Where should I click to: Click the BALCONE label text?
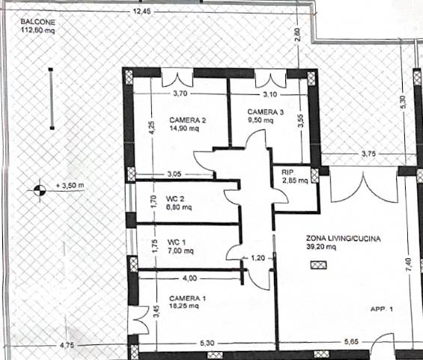pyautogui.click(x=38, y=22)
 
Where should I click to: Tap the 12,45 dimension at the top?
pyautogui.click(x=142, y=11)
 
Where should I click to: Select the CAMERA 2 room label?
pyautogui.click(x=187, y=120)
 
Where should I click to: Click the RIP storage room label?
pyautogui.click(x=287, y=172)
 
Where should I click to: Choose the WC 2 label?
pyautogui.click(x=175, y=199)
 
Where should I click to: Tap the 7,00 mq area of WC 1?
pyautogui.click(x=180, y=251)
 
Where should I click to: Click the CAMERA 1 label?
pyautogui.click(x=187, y=298)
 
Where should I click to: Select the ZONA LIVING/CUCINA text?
pyautogui.click(x=343, y=239)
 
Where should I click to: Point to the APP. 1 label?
pyautogui.click(x=382, y=309)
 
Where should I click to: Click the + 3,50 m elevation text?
pyautogui.click(x=70, y=186)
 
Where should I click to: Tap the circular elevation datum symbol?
pyautogui.click(x=40, y=190)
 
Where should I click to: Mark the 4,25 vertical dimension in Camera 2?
pyautogui.click(x=152, y=127)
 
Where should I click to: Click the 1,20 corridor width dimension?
pyautogui.click(x=258, y=258)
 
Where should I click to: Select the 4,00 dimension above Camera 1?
pyautogui.click(x=189, y=278)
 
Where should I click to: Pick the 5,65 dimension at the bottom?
pyautogui.click(x=352, y=341)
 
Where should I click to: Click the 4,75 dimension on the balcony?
pyautogui.click(x=67, y=345)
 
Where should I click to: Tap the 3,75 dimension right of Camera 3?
pyautogui.click(x=368, y=153)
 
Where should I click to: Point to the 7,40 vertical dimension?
pyautogui.click(x=409, y=265)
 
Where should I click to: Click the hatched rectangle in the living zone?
pyautogui.click(x=319, y=265)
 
